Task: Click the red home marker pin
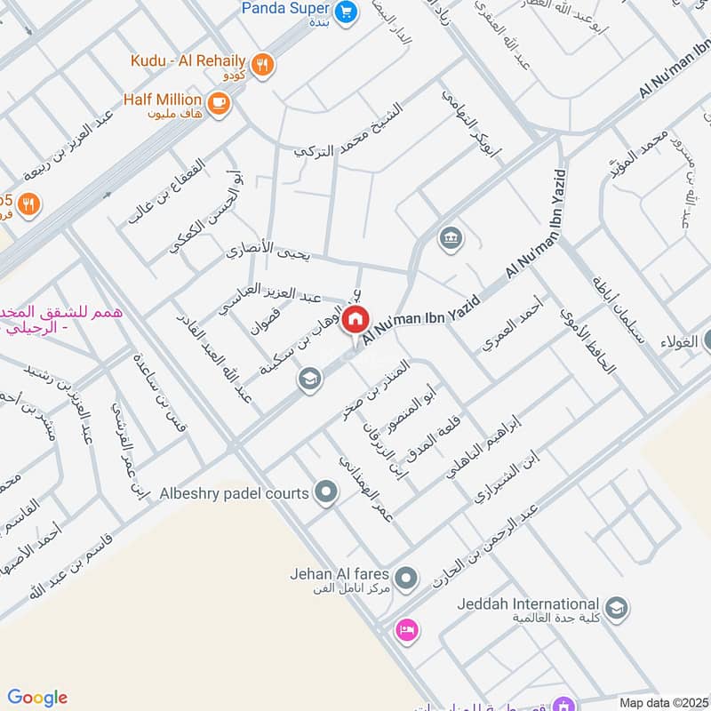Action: [355, 319]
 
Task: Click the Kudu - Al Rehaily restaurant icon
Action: [261, 63]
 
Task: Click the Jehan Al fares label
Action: [339, 573]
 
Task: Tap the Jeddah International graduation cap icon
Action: [618, 609]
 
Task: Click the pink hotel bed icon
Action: [408, 629]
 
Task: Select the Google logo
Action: [37, 698]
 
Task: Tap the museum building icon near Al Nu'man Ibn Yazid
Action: [448, 237]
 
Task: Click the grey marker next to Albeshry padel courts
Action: [326, 491]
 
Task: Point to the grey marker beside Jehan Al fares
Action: [406, 578]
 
